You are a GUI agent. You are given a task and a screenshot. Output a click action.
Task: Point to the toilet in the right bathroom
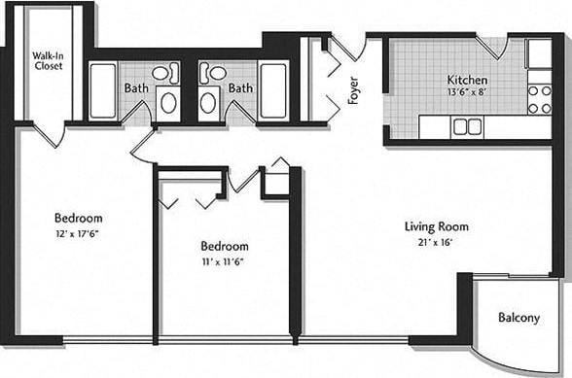point(217,72)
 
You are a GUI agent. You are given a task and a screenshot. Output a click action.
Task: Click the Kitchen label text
point(467,80)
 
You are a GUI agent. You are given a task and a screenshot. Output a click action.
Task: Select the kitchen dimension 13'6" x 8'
point(467,93)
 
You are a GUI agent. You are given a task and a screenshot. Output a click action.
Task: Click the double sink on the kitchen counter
point(468,126)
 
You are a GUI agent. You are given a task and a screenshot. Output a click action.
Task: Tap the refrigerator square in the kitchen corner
point(539,53)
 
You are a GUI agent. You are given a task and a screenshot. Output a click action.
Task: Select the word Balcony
point(518,318)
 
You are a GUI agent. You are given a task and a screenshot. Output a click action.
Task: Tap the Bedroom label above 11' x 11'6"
point(225,246)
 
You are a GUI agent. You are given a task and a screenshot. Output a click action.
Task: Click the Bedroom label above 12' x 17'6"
point(79,219)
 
